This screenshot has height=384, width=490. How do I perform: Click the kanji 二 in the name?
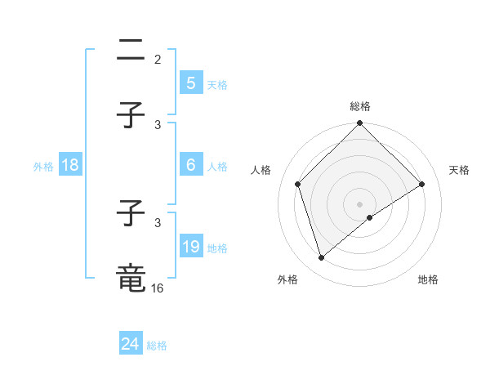pyautogui.click(x=131, y=51)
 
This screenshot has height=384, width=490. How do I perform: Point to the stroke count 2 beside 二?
pyautogui.click(x=158, y=60)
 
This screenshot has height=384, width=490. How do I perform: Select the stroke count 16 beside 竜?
pyautogui.click(x=158, y=288)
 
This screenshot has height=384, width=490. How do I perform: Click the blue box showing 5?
pyautogui.click(x=190, y=83)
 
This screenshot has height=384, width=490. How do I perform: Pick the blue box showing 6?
pyautogui.click(x=190, y=165)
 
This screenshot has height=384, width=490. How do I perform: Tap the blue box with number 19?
pyautogui.click(x=190, y=247)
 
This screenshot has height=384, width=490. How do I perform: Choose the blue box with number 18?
pyautogui.click(x=70, y=165)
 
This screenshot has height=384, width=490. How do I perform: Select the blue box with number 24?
pyautogui.click(x=131, y=345)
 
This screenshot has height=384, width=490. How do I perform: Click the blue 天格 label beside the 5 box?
pyautogui.click(x=217, y=84)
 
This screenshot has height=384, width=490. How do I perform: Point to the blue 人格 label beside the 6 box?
pyautogui.click(x=217, y=166)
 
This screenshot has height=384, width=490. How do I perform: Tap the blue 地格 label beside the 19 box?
pyautogui.click(x=217, y=248)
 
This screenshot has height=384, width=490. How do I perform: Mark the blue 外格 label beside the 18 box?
pyautogui.click(x=43, y=166)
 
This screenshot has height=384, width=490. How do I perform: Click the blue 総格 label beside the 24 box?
pyautogui.click(x=157, y=346)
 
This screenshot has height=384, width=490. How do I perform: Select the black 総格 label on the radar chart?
pyautogui.click(x=360, y=106)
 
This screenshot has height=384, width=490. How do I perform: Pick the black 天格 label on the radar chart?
pyautogui.click(x=460, y=170)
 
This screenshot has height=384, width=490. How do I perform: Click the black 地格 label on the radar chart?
pyautogui.click(x=428, y=279)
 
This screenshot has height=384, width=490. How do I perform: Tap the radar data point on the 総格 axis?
pyautogui.click(x=360, y=124)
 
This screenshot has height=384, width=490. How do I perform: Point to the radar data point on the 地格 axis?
pyautogui.click(x=370, y=217)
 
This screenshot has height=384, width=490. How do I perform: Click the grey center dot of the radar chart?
pyautogui.click(x=360, y=203)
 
